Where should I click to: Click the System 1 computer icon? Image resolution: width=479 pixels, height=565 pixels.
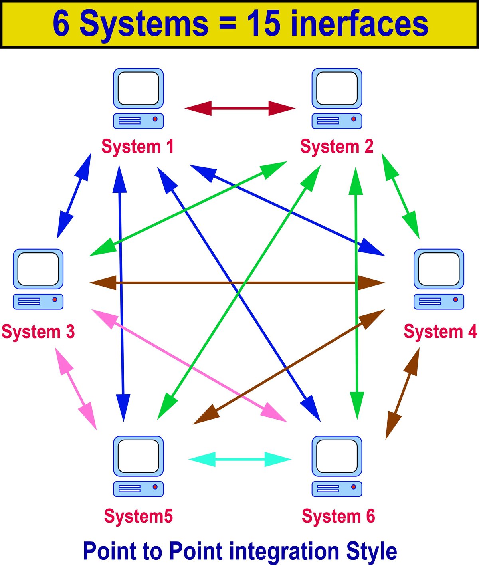(138, 98)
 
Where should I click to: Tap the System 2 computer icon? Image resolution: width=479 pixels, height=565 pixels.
(336, 98)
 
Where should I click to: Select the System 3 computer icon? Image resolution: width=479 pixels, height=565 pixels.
(38, 279)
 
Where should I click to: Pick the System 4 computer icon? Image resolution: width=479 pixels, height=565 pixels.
(439, 279)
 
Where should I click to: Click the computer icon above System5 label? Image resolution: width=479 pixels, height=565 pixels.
(138, 466)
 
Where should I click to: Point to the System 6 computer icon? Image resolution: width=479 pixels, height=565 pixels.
(336, 466)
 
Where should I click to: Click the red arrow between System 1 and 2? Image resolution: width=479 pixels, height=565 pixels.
(240, 108)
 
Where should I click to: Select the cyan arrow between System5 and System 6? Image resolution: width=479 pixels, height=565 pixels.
(240, 460)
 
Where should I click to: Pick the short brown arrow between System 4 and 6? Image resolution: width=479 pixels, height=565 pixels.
(402, 393)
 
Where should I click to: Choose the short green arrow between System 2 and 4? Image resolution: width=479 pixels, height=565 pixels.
(400, 196)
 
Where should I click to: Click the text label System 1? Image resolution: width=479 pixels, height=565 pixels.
(138, 146)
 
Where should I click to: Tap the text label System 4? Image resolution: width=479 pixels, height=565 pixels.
(440, 331)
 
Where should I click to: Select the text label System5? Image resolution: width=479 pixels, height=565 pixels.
(138, 516)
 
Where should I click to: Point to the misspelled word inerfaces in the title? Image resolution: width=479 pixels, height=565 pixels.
(359, 24)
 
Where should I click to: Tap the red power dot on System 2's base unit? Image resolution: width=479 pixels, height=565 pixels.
(353, 119)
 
